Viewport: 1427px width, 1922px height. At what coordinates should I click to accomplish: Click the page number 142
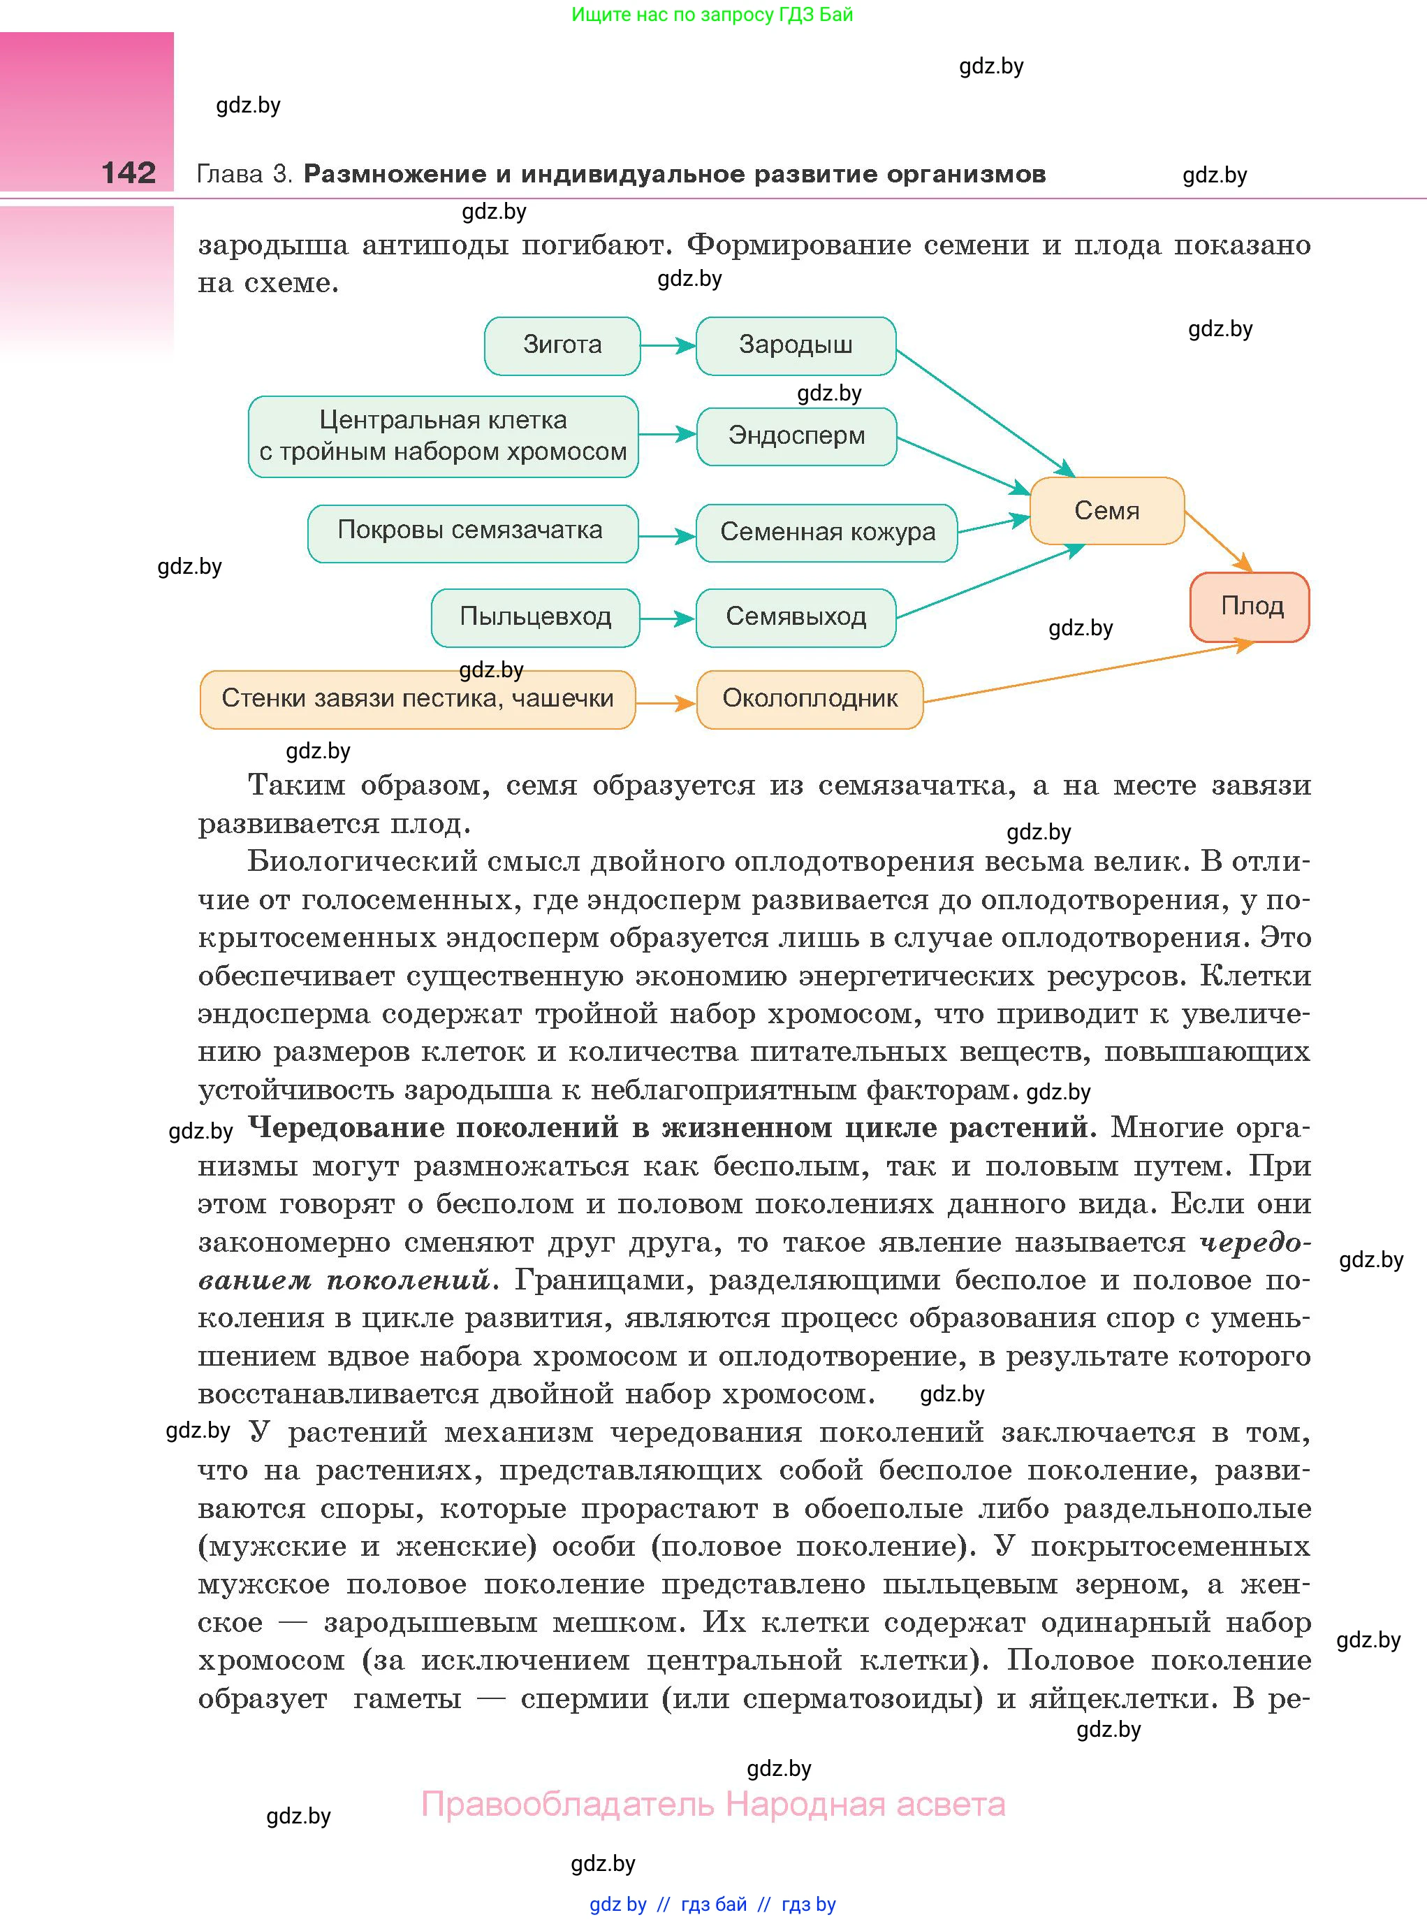(129, 173)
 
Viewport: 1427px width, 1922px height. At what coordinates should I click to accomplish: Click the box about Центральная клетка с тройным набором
(443, 436)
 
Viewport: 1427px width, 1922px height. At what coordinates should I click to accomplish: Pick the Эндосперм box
(796, 435)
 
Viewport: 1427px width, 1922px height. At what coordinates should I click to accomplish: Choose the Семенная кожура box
(827, 533)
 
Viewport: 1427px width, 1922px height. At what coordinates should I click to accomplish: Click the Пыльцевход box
(535, 617)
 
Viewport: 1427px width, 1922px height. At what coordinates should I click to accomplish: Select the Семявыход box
(796, 617)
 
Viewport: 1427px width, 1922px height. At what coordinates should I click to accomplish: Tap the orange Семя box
(1106, 511)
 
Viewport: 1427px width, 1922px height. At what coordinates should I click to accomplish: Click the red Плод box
(1250, 607)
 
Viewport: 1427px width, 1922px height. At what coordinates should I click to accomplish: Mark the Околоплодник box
(810, 699)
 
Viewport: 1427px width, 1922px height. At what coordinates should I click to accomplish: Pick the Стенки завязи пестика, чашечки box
(417, 699)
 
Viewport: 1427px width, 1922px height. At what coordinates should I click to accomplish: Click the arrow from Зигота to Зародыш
(668, 347)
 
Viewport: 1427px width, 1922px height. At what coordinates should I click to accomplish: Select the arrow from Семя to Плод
(1218, 541)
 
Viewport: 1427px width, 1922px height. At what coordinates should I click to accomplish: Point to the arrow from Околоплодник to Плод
(1088, 672)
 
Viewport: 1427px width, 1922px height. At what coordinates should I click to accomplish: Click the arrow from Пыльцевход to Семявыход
(667, 619)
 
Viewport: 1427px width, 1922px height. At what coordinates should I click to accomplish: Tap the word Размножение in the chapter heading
(395, 175)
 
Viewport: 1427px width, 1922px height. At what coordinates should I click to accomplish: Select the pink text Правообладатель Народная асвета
(712, 1805)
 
